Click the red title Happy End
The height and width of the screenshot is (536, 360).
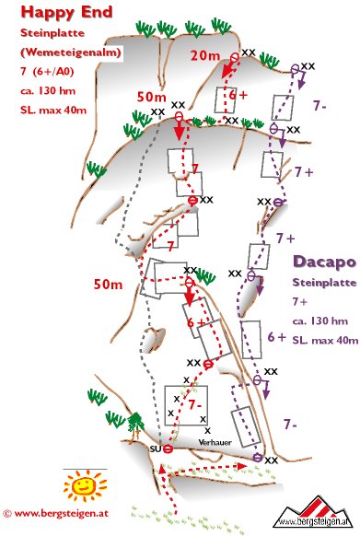click(66, 12)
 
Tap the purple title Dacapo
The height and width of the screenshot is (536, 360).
click(324, 262)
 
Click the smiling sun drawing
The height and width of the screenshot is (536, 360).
click(85, 485)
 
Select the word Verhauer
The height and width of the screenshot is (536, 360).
click(215, 442)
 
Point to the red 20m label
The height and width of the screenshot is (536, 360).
click(205, 55)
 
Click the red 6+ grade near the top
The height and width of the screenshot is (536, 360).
click(238, 95)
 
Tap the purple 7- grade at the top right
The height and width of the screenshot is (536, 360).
click(319, 106)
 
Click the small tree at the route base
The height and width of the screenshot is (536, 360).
click(135, 424)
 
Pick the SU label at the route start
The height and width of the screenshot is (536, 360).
click(156, 449)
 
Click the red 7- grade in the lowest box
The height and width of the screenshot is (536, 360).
click(195, 405)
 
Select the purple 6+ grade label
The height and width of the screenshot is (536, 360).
click(276, 337)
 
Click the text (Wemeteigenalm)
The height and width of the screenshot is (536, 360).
click(71, 52)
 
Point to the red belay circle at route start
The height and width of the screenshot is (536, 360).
click(168, 449)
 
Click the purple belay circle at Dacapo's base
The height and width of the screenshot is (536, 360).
click(258, 458)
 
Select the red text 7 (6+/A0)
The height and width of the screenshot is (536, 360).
click(47, 72)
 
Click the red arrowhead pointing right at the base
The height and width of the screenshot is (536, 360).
click(242, 466)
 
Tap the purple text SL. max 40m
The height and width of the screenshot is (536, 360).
click(325, 341)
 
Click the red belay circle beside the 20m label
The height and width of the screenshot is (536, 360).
click(235, 57)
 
